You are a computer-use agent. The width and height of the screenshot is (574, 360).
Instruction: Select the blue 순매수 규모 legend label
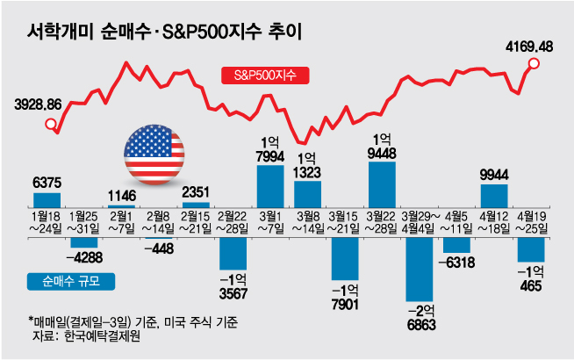coord(60,281)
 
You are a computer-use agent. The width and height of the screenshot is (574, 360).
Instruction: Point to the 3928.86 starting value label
coord(38,104)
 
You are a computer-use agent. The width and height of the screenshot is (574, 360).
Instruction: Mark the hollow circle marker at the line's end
coord(535,64)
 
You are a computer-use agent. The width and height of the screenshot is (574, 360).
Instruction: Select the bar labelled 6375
coord(47,199)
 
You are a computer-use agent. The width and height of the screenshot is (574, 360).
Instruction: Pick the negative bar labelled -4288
coord(84,242)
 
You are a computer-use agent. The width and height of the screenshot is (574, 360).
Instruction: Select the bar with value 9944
coord(493,196)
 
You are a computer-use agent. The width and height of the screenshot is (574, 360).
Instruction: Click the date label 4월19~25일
coord(531,222)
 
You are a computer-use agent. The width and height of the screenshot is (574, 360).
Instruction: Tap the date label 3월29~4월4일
coord(420,222)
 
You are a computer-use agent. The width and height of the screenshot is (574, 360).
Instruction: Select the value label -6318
coord(457,262)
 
